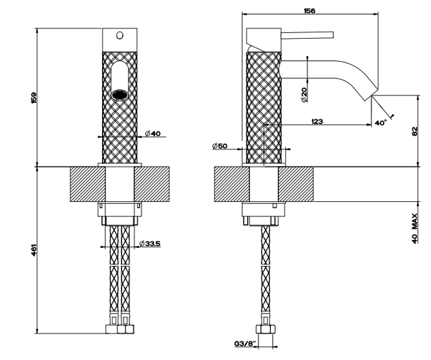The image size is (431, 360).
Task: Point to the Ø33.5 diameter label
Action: pyautogui.click(x=150, y=242)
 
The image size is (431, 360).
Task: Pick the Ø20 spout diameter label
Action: pyautogui.click(x=305, y=93)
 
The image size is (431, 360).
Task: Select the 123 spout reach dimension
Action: pyautogui.click(x=316, y=121)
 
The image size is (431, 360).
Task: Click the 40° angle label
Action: pyautogui.click(x=381, y=123)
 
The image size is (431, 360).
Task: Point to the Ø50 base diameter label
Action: pyautogui.click(x=220, y=147)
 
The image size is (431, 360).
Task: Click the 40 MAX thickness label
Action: pyautogui.click(x=416, y=231)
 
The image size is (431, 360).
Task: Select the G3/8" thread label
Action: pyautogui.click(x=245, y=345)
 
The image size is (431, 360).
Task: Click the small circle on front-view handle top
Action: pyautogui.click(x=120, y=34)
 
